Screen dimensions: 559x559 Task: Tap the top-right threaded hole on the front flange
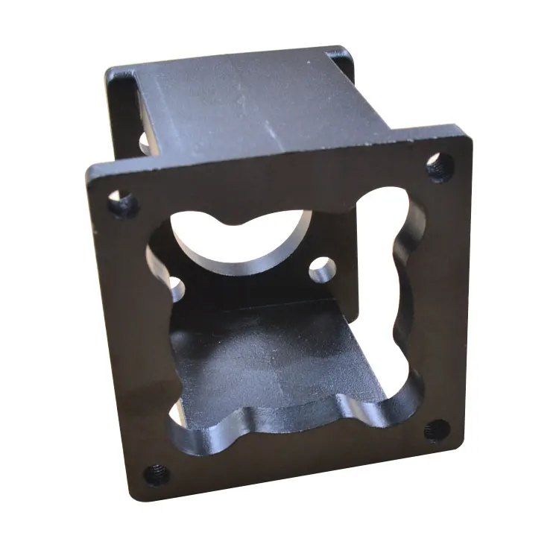pyautogui.click(x=440, y=166)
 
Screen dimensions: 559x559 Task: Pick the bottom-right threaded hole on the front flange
pyautogui.click(x=438, y=430)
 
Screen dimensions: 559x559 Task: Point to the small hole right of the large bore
pyautogui.click(x=322, y=268)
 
